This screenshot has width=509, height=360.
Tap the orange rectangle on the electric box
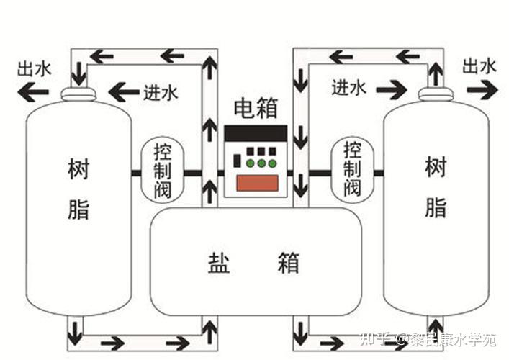point(257,183)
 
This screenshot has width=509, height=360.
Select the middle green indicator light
point(261,163)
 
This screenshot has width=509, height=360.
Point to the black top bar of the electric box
point(256,133)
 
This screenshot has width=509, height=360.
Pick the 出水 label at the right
point(479,67)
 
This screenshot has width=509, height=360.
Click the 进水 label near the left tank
point(160,91)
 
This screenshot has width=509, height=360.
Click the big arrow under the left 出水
point(33,91)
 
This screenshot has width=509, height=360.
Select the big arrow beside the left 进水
point(124,91)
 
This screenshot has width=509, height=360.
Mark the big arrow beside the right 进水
point(391,90)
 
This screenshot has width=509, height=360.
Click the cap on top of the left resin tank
point(77,94)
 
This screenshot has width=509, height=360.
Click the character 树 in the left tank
point(78,170)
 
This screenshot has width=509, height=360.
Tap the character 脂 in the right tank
point(436,207)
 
